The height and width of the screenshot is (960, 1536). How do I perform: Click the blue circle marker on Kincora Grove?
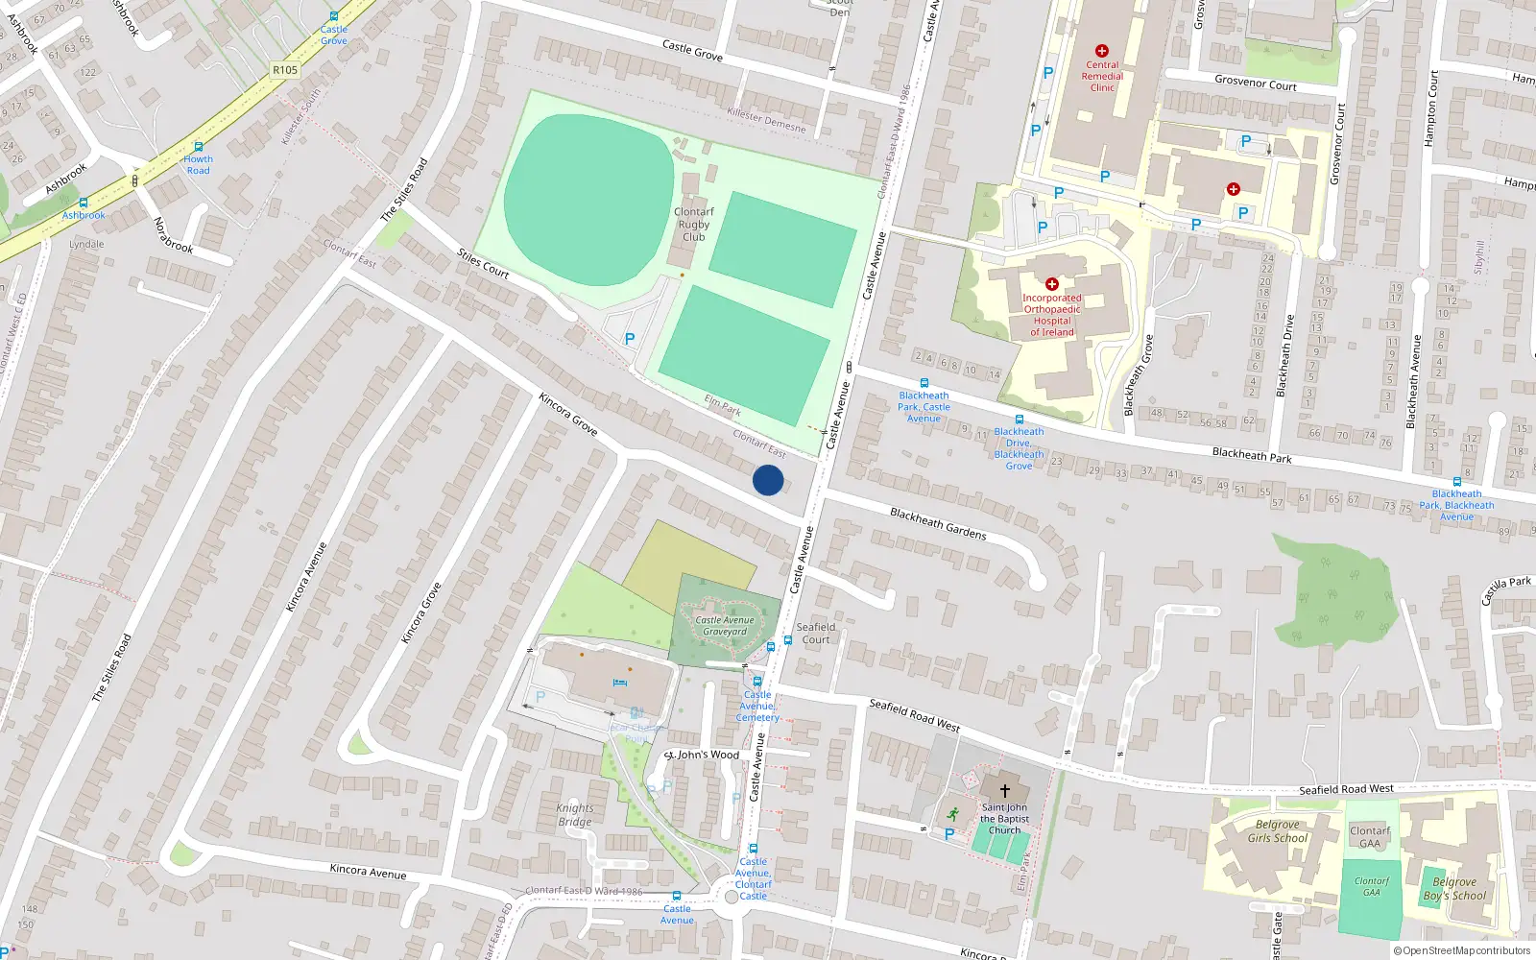[x=768, y=480]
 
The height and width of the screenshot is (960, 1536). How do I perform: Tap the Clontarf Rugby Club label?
[x=693, y=225]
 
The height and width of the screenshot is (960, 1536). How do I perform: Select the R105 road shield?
[x=285, y=70]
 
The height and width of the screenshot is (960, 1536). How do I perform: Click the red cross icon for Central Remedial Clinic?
[x=1101, y=51]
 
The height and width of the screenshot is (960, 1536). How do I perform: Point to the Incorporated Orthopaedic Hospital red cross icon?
[x=1051, y=284]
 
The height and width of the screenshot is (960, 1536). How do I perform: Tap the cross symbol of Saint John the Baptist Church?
[x=1004, y=791]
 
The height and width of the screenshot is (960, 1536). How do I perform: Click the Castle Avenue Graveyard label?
[x=725, y=626]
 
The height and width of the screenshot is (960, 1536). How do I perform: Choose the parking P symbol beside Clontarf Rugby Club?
[x=630, y=339]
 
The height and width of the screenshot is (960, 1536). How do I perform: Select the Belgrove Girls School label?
[x=1277, y=831]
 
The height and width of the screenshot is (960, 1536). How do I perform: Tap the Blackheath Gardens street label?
[x=938, y=523]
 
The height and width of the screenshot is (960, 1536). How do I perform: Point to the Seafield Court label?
[x=816, y=634]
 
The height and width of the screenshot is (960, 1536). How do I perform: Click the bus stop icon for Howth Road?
[x=198, y=147]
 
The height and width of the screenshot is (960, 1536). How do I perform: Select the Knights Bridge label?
[x=575, y=815]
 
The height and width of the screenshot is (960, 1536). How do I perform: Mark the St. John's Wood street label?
[x=703, y=756]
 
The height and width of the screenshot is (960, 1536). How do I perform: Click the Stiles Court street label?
[x=483, y=263]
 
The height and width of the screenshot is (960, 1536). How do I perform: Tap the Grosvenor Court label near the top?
[x=1255, y=84]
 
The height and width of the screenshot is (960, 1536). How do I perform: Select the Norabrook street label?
[x=173, y=235]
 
